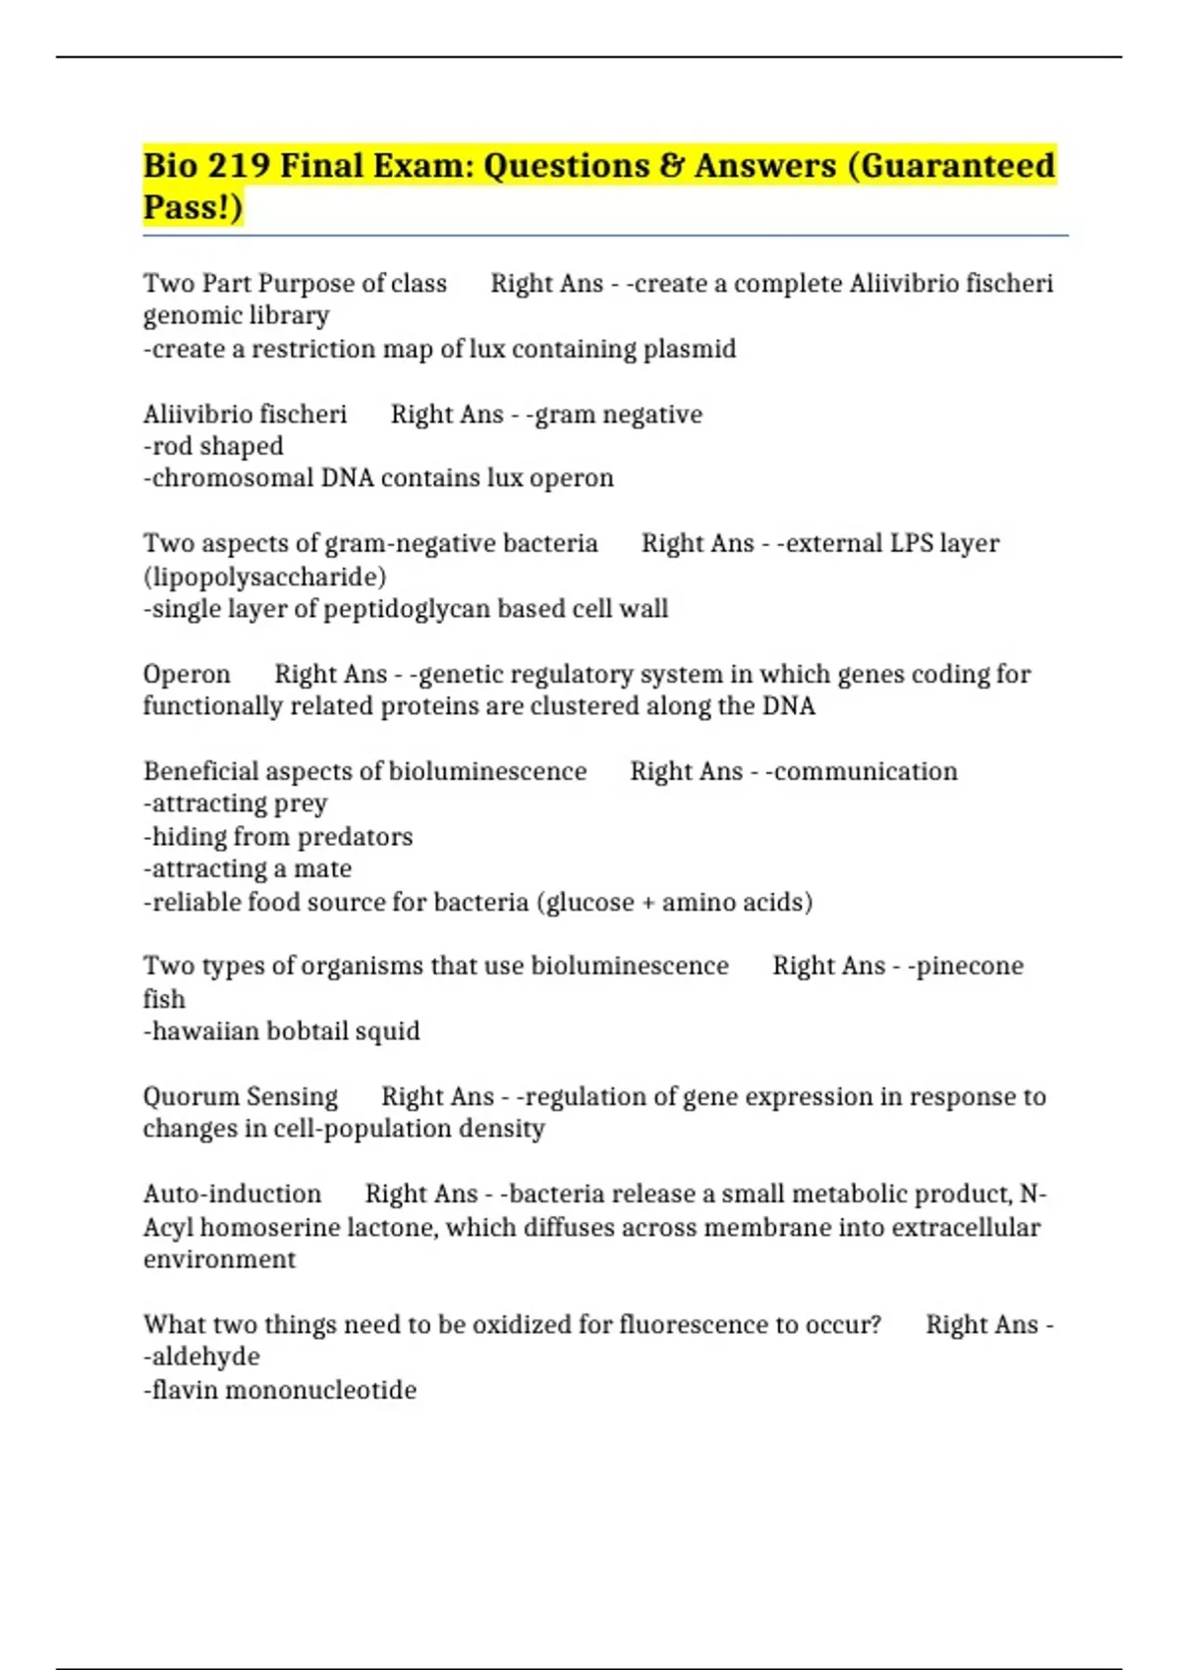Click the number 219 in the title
point(239,165)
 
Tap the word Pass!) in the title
point(193,207)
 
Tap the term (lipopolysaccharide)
point(265,577)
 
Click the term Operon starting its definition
point(187,674)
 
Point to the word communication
point(866,771)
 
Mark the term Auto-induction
point(232,1194)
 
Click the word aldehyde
point(205,1357)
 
